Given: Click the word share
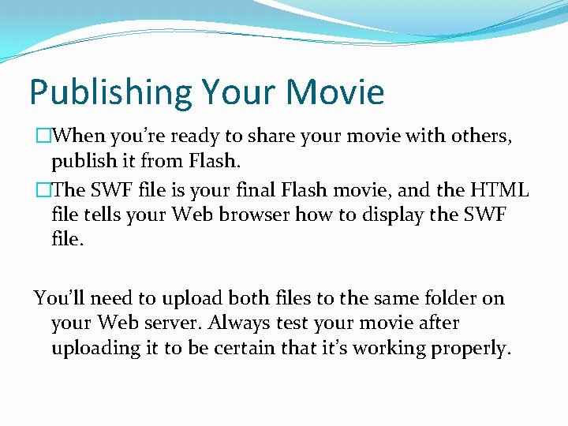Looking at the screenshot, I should [269, 136].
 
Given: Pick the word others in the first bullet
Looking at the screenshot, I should [481, 136].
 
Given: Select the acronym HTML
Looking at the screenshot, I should [499, 189].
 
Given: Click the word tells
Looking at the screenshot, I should [99, 214].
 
